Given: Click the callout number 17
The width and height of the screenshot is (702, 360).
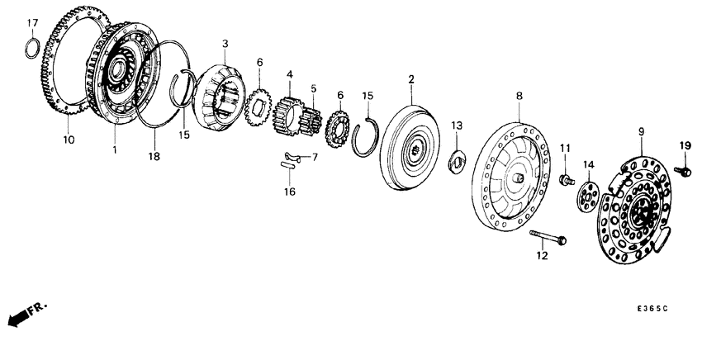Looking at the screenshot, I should coord(32,21).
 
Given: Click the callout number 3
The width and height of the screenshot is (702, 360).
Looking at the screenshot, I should coord(225,42).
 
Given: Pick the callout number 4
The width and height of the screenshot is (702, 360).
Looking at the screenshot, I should coord(289,73).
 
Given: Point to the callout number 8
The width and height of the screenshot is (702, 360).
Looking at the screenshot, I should coord(519,97).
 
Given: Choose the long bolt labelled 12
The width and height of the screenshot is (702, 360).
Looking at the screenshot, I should coord(547,239).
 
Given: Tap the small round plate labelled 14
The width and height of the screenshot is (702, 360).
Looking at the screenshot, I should coord(587,198).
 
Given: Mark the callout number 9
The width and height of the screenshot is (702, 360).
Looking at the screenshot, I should coord(641,130).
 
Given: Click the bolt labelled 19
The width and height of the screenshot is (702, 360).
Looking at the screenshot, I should coord(683,171).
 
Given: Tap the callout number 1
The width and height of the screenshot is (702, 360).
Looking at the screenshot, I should coord(115,149).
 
